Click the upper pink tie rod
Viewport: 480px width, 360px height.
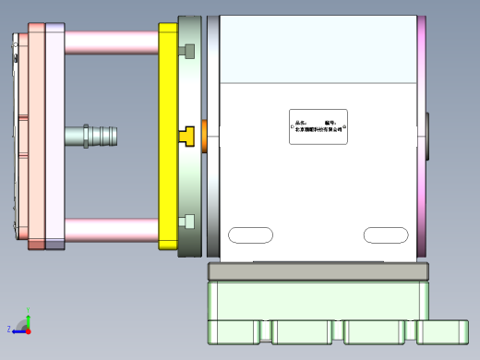pos(111,42)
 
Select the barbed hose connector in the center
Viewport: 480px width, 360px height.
pos(97,137)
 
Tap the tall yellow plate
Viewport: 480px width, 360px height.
pos(167,92)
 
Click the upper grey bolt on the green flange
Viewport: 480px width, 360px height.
pos(189,50)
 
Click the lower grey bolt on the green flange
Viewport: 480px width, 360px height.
pos(189,222)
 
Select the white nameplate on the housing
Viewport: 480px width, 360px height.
pos(318,126)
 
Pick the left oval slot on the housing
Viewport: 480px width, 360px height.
pos(251,235)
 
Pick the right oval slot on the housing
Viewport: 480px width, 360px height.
pos(386,235)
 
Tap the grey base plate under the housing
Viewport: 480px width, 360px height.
pos(318,271)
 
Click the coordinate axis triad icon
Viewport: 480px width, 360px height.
pos(26,324)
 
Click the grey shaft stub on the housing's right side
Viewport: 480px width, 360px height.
pos(428,136)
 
